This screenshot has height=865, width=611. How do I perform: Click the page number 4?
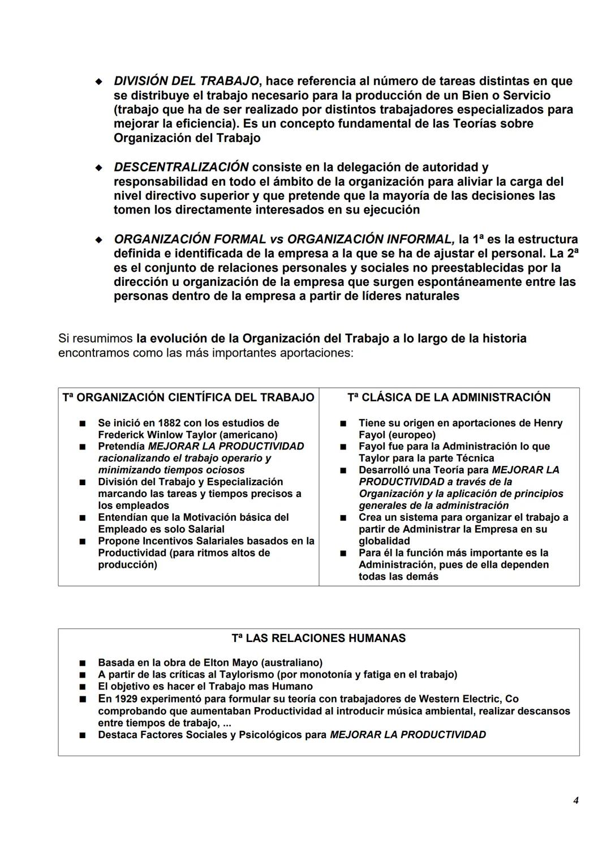coord(575,800)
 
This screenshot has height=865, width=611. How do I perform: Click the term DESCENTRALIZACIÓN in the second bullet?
coord(181,168)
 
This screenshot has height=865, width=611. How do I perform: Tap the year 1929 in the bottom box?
coord(128,699)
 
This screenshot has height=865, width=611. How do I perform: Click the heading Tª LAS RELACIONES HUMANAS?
coord(319,638)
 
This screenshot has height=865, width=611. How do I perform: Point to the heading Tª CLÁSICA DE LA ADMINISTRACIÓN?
coord(449,397)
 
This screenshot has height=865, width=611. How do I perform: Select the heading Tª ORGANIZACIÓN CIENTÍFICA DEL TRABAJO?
coord(188,397)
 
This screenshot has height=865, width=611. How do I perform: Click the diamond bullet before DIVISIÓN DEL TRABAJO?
coord(99,82)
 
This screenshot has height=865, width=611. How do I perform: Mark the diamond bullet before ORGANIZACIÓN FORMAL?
coord(99,239)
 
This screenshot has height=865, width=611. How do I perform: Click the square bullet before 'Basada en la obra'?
coord(83,663)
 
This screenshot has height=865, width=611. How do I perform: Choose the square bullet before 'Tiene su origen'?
coord(343,423)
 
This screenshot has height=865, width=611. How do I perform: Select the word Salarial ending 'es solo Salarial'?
coord(201,529)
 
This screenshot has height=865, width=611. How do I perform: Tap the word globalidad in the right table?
coord(384,541)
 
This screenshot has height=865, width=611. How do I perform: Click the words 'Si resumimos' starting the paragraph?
coord(95,339)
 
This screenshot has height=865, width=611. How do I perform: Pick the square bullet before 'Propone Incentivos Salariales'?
coord(83,541)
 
